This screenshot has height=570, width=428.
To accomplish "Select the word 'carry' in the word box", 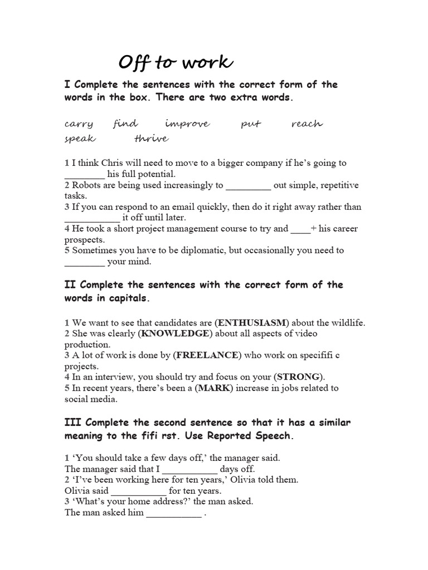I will [x=79, y=124].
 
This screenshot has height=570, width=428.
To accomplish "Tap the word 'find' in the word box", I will [x=125, y=123].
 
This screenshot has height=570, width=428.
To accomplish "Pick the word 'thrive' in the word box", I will [x=151, y=138].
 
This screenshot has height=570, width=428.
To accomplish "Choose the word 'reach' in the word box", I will [x=307, y=124].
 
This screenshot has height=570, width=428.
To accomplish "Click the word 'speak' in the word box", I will [x=80, y=139].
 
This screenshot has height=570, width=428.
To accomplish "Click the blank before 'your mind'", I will [x=84, y=262].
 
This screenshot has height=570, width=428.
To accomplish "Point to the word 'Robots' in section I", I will [x=86, y=185].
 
